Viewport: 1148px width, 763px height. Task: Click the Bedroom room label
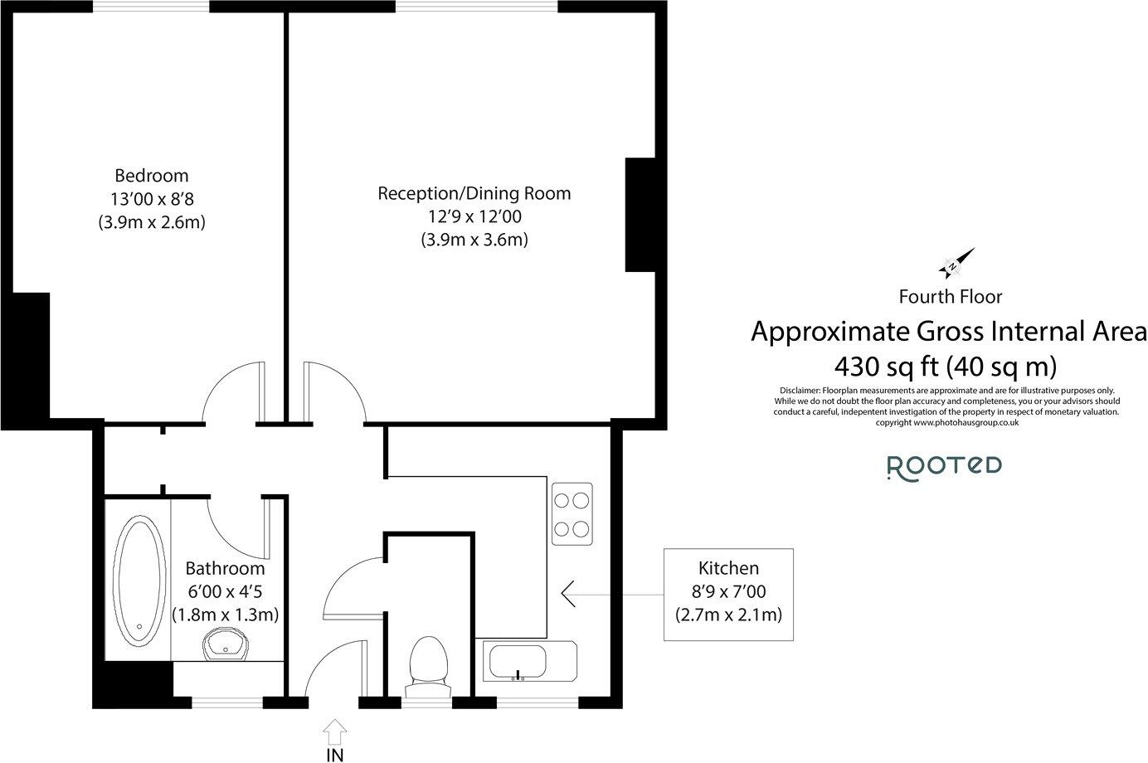151,176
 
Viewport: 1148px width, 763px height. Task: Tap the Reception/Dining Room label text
474,193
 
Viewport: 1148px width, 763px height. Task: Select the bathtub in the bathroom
137,581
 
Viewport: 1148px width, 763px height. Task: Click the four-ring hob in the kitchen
572,513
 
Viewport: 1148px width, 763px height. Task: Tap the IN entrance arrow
334,733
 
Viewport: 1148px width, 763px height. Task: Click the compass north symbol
956,263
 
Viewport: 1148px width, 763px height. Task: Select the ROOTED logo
944,467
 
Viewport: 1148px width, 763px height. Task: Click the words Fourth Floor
950,296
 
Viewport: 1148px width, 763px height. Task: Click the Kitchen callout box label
727,569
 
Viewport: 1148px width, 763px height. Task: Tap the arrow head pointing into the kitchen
570,593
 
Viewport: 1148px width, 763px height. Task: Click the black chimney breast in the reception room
640,214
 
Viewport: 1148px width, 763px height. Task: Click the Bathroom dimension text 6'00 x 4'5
224,592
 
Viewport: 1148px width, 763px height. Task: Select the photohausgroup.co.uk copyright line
946,422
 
